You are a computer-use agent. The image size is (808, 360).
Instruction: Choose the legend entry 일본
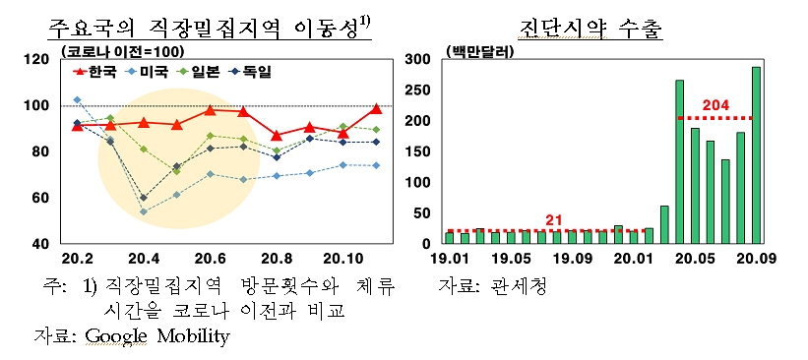(204, 72)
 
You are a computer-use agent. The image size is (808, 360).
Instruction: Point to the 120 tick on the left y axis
(36, 60)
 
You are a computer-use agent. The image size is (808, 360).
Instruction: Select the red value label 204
(715, 104)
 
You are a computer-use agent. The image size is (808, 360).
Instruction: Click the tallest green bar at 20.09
(756, 154)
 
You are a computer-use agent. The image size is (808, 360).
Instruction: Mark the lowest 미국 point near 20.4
(144, 211)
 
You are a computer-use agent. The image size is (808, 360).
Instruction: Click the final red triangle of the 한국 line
(376, 109)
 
